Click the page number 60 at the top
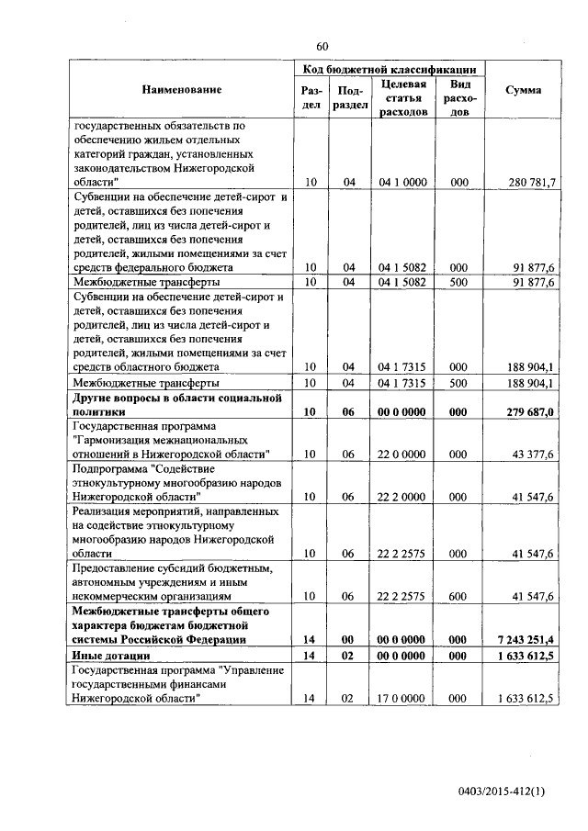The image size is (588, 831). click(x=322, y=46)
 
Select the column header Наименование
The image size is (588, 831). click(x=182, y=90)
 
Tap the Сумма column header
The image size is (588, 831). click(x=524, y=90)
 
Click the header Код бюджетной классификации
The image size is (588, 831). click(x=390, y=69)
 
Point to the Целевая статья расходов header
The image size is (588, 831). click(x=402, y=98)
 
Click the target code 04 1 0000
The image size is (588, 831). click(x=402, y=183)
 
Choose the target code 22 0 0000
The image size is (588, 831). click(x=402, y=455)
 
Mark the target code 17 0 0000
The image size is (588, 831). click(x=402, y=699)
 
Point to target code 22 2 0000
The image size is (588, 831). click(x=402, y=497)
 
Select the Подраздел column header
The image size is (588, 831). click(x=348, y=98)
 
